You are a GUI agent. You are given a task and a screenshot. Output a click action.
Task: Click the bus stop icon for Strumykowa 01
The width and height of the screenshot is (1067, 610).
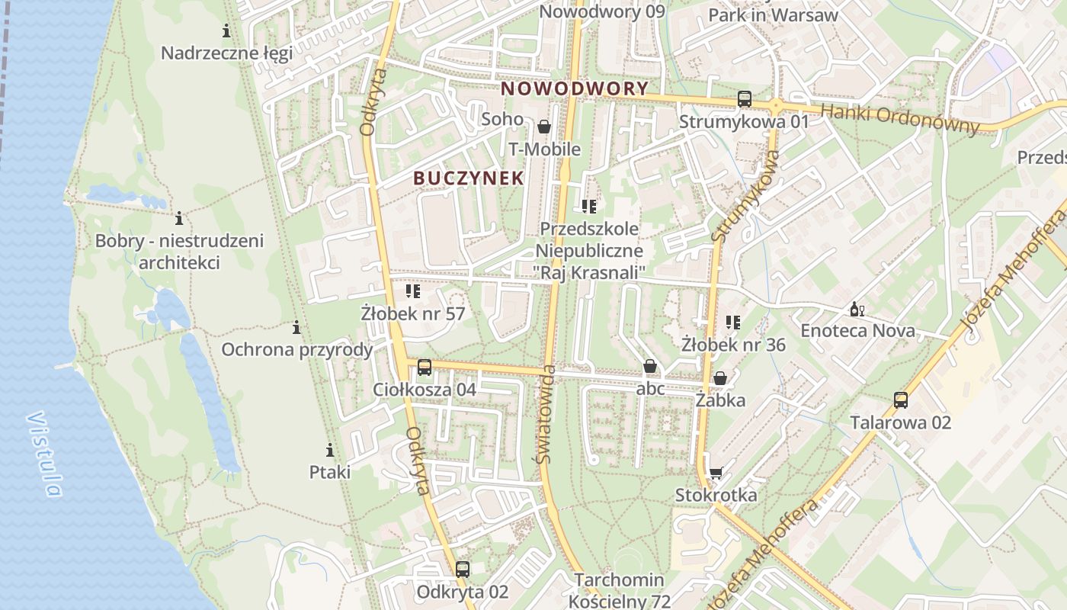(x=744, y=99)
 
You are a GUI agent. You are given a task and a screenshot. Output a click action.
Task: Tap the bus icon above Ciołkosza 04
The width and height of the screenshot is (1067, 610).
(x=425, y=368)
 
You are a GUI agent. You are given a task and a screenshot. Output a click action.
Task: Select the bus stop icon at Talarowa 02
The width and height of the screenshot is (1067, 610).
(x=901, y=400)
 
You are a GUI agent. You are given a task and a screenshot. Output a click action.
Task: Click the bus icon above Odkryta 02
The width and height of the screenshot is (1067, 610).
(x=463, y=569)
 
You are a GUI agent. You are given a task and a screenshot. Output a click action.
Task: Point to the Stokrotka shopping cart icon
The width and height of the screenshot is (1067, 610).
(x=716, y=474)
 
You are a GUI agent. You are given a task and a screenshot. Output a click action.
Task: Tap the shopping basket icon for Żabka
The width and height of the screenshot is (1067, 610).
(x=720, y=378)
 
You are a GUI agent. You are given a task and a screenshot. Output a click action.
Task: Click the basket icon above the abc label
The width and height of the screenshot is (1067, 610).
(x=650, y=367)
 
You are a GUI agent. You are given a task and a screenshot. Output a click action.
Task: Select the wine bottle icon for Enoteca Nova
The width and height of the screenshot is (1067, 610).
(x=857, y=310)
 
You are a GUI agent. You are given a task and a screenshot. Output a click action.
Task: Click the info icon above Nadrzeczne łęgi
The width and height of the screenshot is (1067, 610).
(x=226, y=31)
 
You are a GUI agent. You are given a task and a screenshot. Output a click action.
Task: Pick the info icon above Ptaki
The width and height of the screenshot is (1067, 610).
(x=330, y=450)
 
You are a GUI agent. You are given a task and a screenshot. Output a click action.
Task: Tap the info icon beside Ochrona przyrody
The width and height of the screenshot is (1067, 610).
(x=296, y=328)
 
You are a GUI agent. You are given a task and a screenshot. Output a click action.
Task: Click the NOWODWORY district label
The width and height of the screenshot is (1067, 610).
(x=575, y=88)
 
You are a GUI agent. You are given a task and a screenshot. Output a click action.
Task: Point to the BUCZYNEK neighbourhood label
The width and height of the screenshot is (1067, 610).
(x=469, y=178)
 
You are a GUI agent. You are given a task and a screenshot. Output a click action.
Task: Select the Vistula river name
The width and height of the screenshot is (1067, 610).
(x=44, y=454)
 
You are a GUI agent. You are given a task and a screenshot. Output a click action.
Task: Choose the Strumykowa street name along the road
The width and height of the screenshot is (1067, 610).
(x=746, y=196)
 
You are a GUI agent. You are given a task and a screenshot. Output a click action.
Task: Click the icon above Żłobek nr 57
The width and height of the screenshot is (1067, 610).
(x=413, y=291)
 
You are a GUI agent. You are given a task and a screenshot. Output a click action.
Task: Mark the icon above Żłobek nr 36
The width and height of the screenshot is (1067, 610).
(x=733, y=323)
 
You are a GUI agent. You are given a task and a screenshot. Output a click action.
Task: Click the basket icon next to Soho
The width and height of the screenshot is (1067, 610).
(x=544, y=127)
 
